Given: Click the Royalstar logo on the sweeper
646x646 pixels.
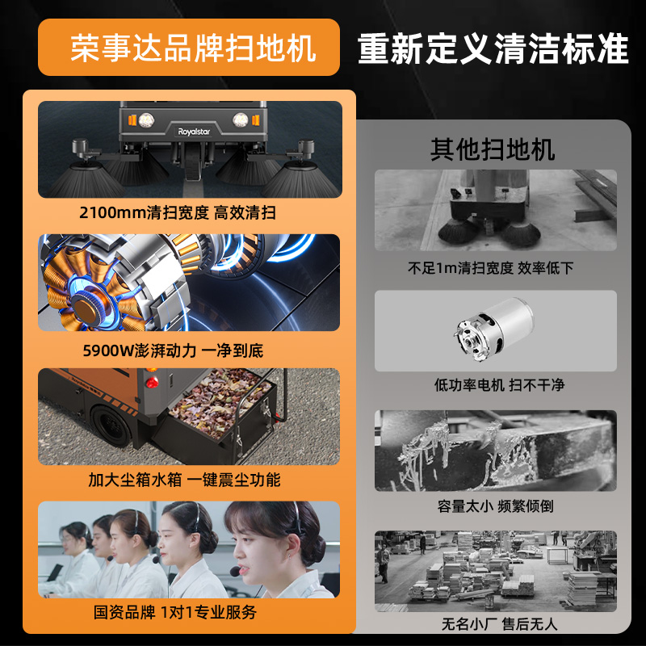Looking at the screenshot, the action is [194, 132].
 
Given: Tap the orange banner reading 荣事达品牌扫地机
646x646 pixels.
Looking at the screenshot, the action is [189, 47].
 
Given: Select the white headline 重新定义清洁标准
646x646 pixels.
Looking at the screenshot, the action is [493, 48].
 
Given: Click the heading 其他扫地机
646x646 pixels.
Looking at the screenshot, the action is [493, 149].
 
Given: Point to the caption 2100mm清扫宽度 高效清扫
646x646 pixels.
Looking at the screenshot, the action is [178, 212].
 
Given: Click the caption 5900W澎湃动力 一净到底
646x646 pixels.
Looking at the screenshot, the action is [173, 350].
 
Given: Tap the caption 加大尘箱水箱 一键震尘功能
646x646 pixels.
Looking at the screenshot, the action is [184, 480].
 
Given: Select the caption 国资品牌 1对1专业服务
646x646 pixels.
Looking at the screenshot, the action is [175, 612].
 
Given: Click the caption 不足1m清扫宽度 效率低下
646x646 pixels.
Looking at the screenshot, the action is [491, 268].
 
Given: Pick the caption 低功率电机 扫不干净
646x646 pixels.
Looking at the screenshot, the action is [499, 385].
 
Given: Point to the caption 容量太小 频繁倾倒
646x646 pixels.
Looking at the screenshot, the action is [496, 506].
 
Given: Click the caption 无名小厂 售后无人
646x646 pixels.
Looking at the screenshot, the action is [499, 623].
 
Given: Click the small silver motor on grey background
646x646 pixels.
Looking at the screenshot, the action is [494, 329].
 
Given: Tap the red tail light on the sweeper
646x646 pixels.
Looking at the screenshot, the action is [152, 382].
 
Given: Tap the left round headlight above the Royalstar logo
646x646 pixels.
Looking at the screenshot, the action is [146, 120].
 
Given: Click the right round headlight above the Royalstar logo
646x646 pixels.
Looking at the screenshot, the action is [240, 120].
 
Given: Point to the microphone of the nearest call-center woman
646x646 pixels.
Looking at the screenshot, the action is [235, 571].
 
